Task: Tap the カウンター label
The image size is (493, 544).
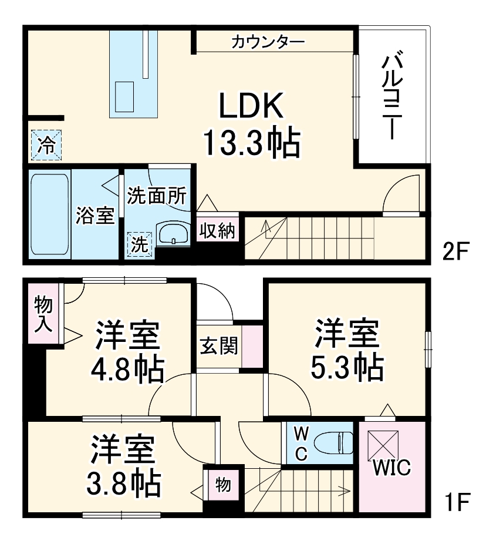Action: pyautogui.click(x=268, y=42)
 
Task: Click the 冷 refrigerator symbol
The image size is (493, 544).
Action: pyautogui.click(x=45, y=145)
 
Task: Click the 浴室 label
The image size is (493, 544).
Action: pyautogui.click(x=94, y=215)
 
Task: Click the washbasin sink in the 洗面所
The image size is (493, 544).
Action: pyautogui.click(x=173, y=234)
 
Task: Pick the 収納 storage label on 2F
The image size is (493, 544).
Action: pyautogui.click(x=218, y=230)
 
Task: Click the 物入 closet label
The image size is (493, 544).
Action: pyautogui.click(x=43, y=313)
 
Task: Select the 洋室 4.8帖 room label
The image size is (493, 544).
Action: pyautogui.click(x=127, y=352)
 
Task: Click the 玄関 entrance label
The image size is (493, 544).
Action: pyautogui.click(x=218, y=347)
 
